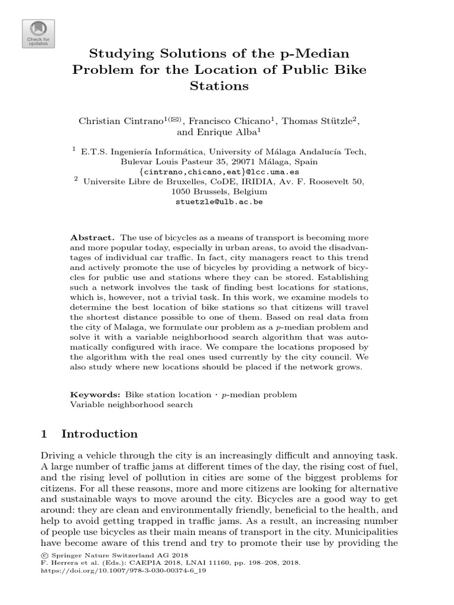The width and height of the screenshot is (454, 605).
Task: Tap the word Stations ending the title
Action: click(219, 86)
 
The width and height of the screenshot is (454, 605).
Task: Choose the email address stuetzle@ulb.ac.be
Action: click(219, 201)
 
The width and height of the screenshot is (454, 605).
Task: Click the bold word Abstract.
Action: click(92, 237)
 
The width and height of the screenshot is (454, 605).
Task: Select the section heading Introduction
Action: click(99, 434)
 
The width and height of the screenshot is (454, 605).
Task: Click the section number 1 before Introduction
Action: click(44, 434)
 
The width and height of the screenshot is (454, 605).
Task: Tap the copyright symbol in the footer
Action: click(43, 555)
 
